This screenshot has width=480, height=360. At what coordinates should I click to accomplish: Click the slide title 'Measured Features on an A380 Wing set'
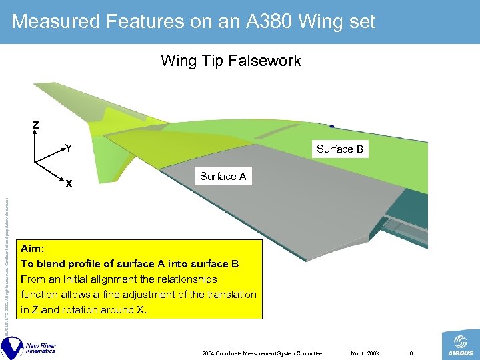193,22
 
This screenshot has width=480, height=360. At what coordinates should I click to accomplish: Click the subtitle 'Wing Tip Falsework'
231,61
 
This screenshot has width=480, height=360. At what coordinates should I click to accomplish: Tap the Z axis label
36,125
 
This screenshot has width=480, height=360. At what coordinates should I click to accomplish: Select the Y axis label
69,149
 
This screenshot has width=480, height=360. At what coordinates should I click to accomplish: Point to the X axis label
69,184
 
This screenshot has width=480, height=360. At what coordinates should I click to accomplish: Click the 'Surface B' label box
340,149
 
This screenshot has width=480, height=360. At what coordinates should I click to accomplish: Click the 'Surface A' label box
223,177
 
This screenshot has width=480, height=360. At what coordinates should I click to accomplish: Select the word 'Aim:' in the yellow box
33,247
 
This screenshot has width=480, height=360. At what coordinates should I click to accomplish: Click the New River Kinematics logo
30,347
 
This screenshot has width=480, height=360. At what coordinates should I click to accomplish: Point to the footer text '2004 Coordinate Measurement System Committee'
262,352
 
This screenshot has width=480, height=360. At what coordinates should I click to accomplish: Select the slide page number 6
412,352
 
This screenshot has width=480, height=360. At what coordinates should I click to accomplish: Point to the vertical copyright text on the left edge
6,267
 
